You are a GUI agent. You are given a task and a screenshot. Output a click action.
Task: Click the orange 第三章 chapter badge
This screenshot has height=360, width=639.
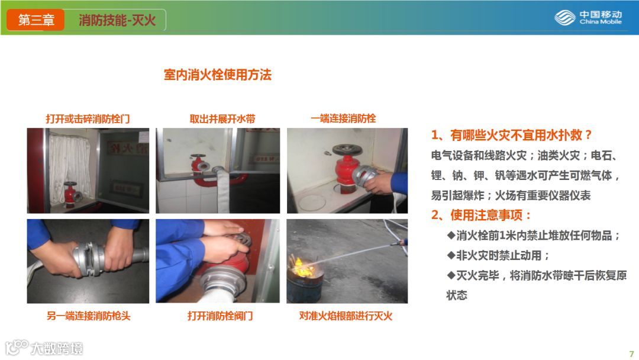(36, 20)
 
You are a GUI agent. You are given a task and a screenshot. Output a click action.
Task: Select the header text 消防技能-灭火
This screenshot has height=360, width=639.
(117, 20)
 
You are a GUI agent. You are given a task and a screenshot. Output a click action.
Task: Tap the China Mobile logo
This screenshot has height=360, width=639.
(588, 18)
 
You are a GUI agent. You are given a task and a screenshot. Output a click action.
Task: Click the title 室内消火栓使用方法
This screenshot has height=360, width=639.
(217, 75)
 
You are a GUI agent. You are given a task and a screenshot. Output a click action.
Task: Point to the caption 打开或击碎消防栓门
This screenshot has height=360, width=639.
(88, 118)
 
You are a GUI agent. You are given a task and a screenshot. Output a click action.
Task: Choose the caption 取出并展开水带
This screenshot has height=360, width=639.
(222, 118)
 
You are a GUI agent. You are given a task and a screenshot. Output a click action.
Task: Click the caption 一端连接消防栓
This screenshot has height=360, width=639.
(343, 118)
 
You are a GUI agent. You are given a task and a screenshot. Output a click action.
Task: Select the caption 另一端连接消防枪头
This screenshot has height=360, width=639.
(88, 316)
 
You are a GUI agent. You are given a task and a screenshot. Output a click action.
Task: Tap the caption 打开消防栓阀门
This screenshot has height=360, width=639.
(220, 316)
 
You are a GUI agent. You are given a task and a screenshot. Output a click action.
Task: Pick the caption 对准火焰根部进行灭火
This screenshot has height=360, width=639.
(346, 316)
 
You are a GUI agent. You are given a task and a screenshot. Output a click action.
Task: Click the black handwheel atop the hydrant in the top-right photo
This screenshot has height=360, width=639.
(347, 150)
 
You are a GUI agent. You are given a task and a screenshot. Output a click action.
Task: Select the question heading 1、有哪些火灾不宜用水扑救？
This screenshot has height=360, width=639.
(511, 135)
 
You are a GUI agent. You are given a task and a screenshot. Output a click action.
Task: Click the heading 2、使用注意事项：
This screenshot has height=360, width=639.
(481, 215)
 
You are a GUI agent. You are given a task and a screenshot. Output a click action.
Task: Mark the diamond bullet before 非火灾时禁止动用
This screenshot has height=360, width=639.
(451, 255)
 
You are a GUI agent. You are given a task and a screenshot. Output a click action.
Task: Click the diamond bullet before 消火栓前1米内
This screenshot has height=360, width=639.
(451, 235)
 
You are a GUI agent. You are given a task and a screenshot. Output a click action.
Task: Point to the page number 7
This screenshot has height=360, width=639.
(632, 353)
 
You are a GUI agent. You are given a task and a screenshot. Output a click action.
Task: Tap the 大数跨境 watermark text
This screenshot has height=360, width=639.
(57, 349)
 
